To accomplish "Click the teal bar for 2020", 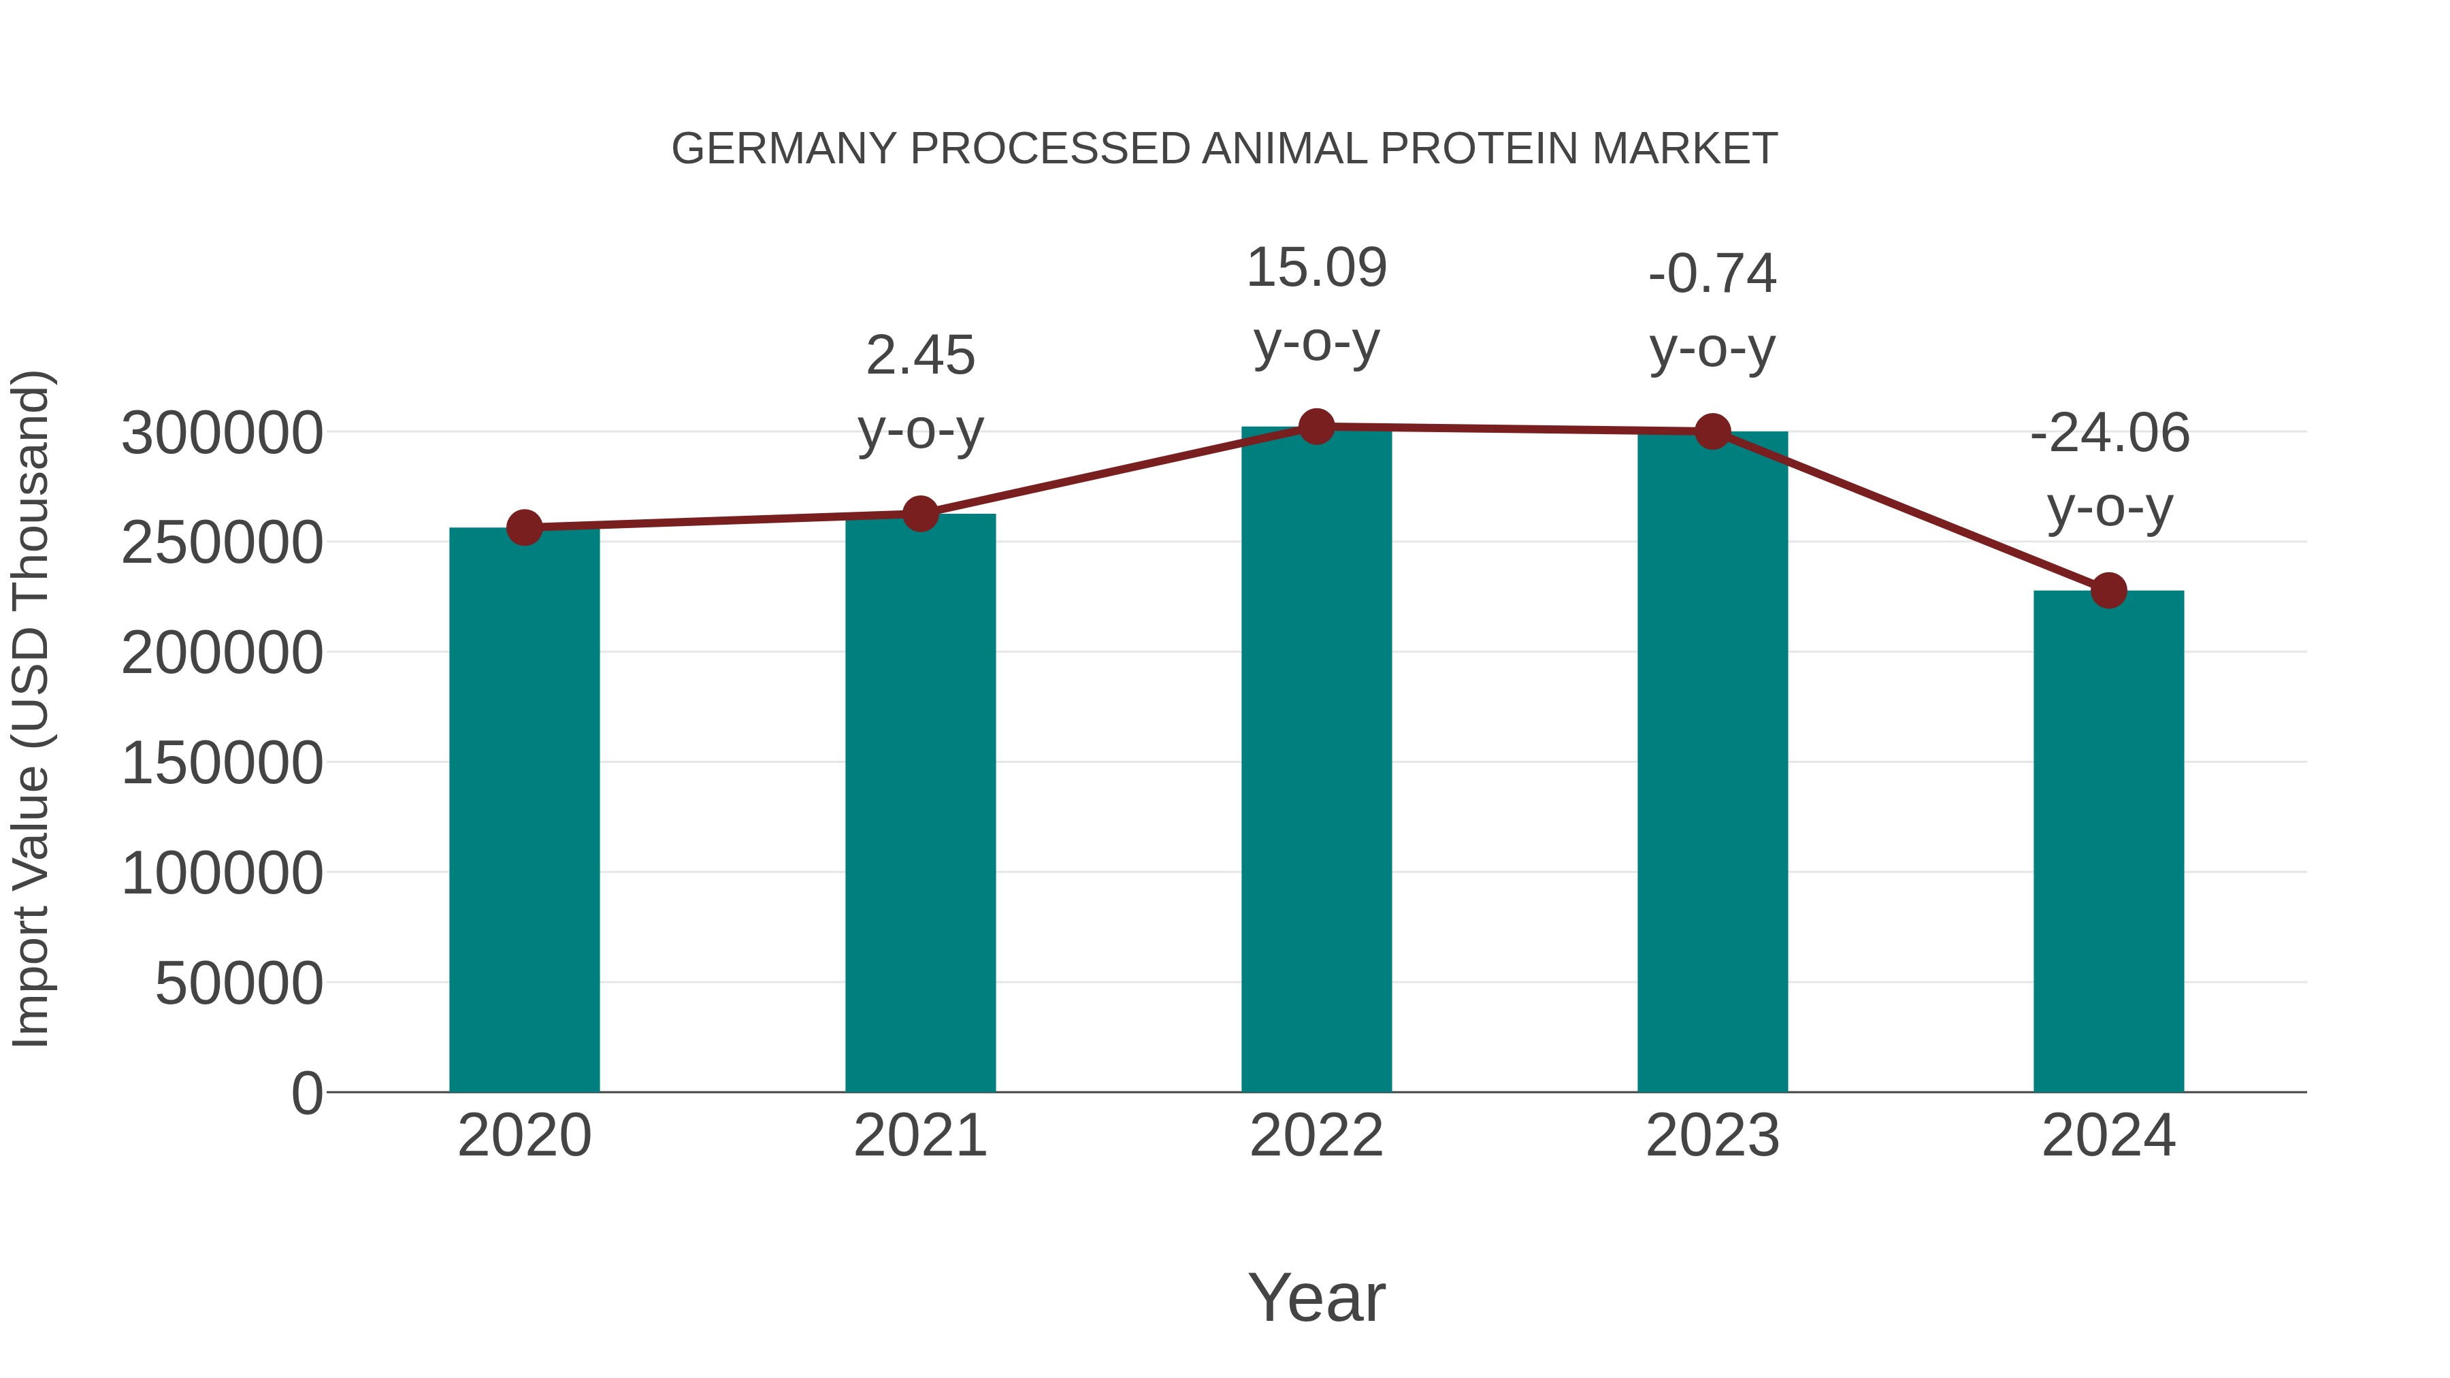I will click(524, 808).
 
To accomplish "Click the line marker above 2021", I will click(919, 514).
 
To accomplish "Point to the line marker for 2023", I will click(1712, 431).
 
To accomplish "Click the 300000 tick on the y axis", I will click(222, 433).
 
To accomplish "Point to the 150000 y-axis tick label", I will click(222, 763).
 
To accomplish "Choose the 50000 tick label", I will click(239, 983).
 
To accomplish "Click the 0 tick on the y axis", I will click(306, 1093).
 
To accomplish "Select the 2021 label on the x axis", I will click(919, 1136).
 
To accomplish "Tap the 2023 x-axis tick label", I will click(1712, 1136).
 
